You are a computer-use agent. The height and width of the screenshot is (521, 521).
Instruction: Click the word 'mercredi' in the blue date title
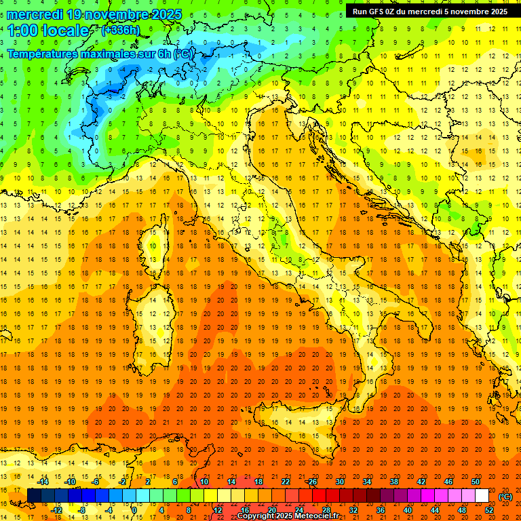35,14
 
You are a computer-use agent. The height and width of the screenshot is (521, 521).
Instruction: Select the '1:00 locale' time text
48,31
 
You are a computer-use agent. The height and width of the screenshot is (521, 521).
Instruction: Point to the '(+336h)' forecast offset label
120,30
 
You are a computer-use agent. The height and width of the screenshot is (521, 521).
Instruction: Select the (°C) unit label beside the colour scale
505,496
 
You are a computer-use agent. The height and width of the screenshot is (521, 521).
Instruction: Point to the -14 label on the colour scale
43,482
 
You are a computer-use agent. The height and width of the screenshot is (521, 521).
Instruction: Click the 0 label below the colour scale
134,510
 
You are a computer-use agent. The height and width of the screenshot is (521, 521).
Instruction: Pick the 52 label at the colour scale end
489,510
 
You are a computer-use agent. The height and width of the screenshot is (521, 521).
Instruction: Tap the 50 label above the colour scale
476,482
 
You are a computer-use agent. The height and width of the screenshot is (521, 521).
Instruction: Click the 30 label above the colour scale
339,482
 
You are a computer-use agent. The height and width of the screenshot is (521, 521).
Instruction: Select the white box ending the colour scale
482,496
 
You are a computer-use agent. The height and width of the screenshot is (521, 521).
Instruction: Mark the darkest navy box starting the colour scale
34,496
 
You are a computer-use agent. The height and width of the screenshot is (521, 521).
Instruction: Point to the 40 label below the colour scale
408,510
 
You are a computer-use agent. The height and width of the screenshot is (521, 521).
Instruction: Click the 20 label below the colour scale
271,510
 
